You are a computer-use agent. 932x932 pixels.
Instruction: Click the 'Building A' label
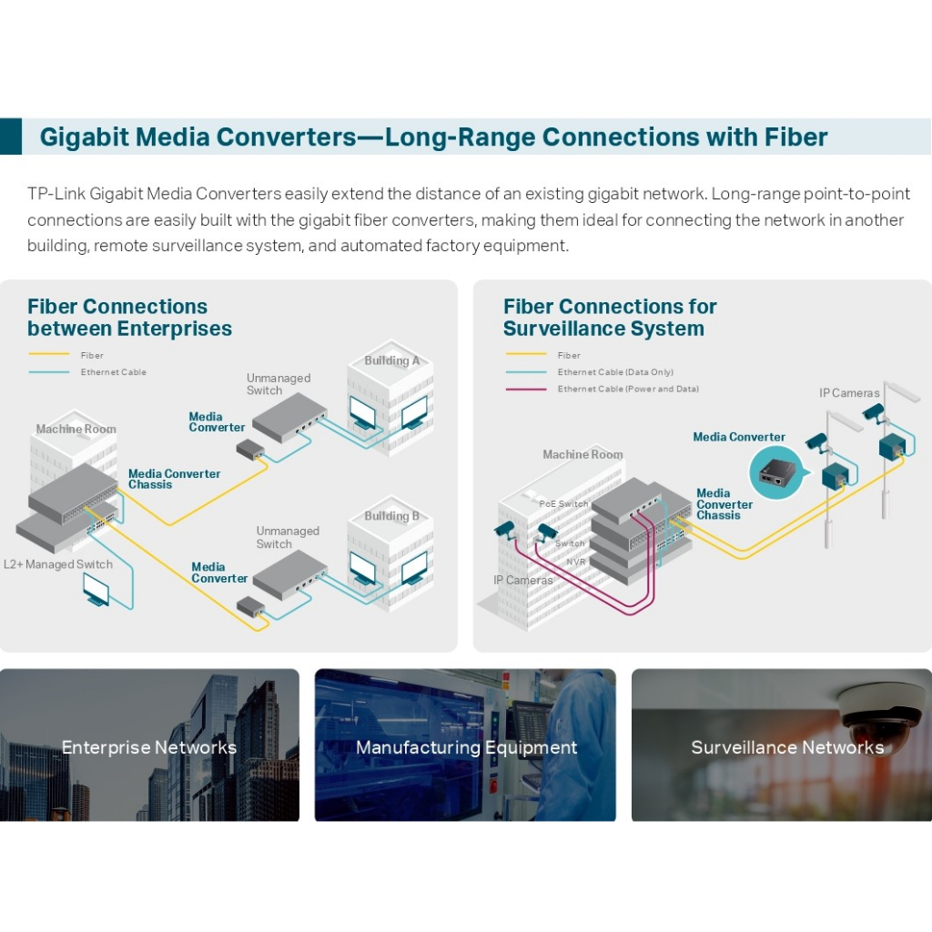tap(391, 360)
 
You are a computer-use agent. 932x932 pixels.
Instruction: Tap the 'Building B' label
tap(391, 516)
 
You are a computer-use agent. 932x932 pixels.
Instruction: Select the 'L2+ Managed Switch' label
tap(58, 564)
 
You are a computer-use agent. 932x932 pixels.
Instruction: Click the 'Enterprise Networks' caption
tap(149, 747)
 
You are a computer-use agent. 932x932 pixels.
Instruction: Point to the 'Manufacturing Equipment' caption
tap(467, 747)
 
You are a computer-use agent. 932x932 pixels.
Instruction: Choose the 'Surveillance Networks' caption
tap(787, 747)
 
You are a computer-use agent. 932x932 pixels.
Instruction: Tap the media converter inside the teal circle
tap(774, 473)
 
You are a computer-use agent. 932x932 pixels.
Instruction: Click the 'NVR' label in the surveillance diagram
tap(576, 562)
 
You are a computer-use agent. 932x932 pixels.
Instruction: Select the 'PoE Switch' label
tap(563, 503)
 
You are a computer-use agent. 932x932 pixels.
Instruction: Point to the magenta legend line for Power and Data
tap(526, 390)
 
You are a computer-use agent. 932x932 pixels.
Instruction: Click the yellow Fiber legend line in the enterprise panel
tap(49, 354)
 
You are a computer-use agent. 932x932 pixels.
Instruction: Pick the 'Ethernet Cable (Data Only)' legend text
tap(615, 372)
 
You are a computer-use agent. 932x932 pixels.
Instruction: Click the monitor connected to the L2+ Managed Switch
tap(96, 590)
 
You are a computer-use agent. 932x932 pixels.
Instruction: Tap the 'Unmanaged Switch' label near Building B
tap(288, 537)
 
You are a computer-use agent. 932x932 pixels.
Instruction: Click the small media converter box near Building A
tap(250, 450)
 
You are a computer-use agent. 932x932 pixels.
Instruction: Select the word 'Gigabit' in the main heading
tap(85, 137)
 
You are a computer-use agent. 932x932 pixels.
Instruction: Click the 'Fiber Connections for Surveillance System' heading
tap(610, 318)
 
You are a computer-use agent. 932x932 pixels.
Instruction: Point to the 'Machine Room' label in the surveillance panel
tap(582, 454)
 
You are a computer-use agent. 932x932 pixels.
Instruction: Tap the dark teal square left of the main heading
tap(11, 137)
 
